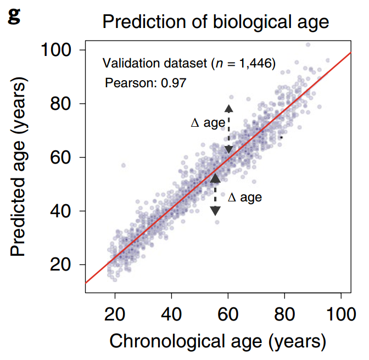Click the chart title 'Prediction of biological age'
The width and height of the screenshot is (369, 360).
tap(215, 22)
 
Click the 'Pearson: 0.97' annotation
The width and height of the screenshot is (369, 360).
tap(146, 83)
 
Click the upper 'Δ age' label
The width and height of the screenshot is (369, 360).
tap(208, 123)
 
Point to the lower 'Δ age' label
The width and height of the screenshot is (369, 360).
tap(245, 198)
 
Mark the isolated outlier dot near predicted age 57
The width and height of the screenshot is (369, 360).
tap(124, 165)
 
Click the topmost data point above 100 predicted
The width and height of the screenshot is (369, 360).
tap(307, 44)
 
